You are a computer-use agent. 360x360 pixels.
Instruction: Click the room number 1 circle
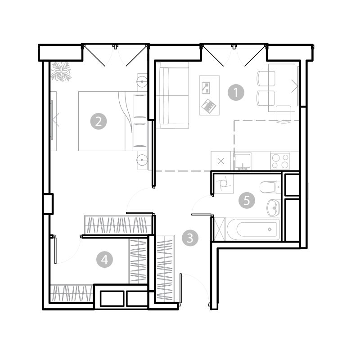236,93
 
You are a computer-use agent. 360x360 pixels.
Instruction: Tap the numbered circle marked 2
99,121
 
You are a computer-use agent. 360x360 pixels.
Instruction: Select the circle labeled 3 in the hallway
190,238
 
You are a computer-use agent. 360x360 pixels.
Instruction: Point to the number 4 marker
105,260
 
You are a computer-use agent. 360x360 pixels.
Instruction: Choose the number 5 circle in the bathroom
247,200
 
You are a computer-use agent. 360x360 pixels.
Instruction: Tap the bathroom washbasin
274,208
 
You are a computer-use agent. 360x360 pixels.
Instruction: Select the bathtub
253,229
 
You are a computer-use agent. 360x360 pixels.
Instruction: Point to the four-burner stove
280,161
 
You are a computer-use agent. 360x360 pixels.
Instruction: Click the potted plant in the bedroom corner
61,72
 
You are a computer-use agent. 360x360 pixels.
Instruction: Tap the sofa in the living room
172,95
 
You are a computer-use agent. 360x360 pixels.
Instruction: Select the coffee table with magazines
209,95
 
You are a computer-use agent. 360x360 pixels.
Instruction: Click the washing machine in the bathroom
224,184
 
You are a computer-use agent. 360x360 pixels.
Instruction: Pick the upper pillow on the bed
140,106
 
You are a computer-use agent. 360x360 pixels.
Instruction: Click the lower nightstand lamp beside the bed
142,160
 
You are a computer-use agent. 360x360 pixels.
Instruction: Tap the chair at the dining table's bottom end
283,114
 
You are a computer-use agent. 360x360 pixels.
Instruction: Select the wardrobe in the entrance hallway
164,268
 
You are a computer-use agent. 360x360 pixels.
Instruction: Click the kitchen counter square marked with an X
221,161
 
